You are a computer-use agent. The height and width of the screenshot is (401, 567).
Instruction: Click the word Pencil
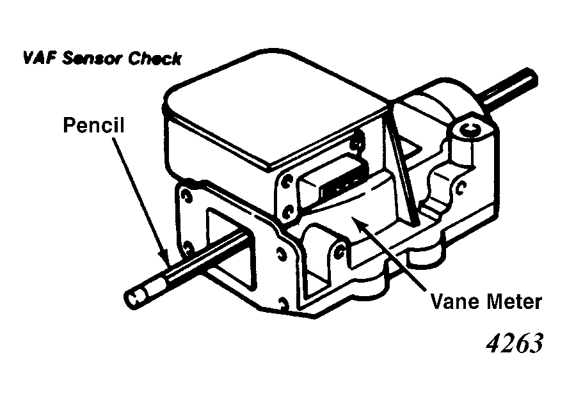tap(93, 125)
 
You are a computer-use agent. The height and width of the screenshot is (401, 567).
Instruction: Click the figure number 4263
tap(515, 343)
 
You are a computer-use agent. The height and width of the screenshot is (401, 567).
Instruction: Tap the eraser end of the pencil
tap(134, 297)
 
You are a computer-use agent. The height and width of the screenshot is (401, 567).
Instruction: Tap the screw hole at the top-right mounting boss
tap(470, 129)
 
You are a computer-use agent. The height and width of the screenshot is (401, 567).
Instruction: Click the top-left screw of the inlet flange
tap(187, 196)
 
